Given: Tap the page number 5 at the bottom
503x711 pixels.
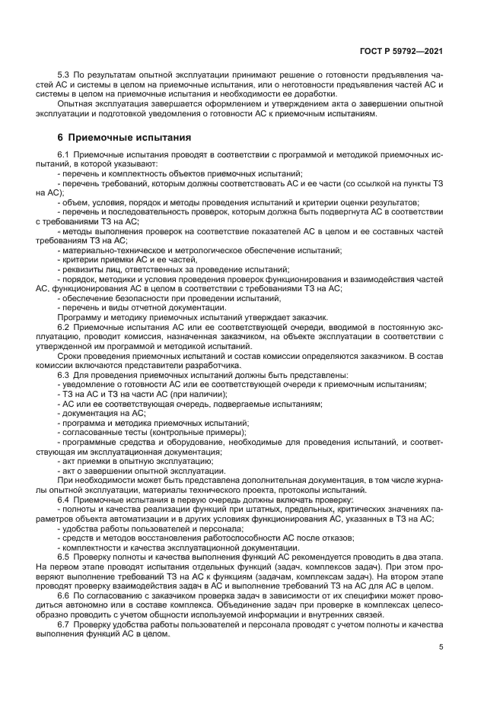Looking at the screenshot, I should coord(441,647).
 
